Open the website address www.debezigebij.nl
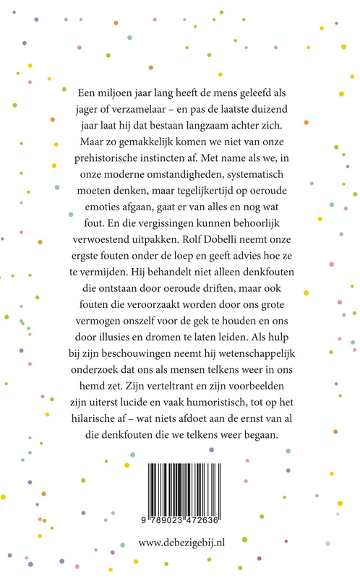click(x=180, y=543)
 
